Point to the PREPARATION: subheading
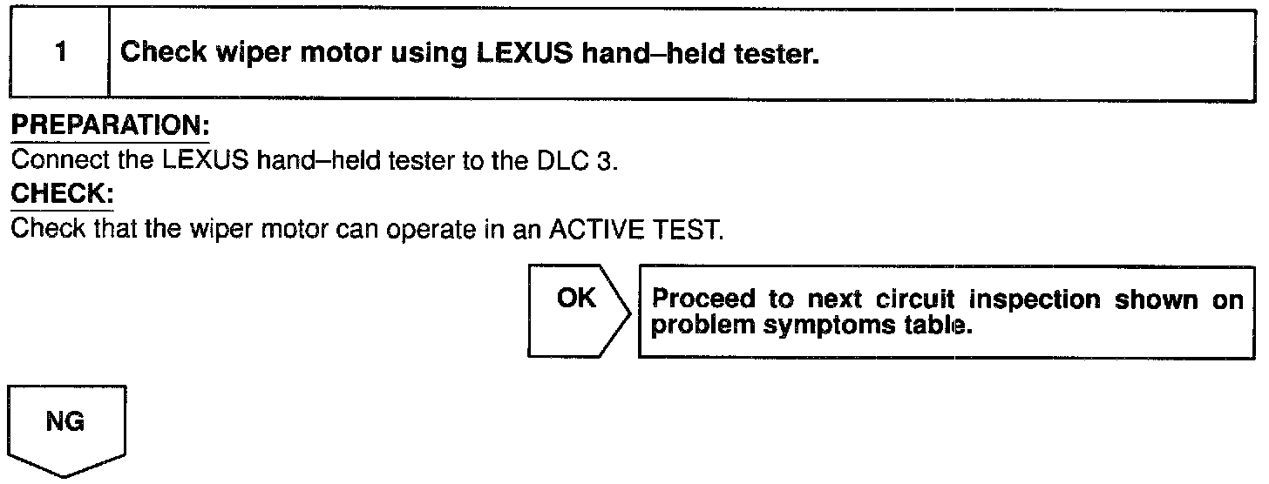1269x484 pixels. (x=110, y=127)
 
